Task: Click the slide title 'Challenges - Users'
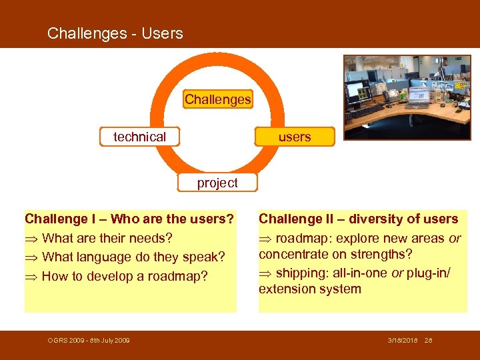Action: click(115, 33)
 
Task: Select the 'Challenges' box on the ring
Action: click(217, 100)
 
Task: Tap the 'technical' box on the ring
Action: click(139, 137)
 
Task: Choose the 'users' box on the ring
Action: click(294, 137)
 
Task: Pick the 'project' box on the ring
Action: click(217, 183)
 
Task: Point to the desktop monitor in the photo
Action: click(358, 91)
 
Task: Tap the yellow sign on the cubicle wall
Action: click(461, 85)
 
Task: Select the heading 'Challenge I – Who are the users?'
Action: click(129, 219)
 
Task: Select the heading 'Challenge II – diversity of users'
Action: click(358, 219)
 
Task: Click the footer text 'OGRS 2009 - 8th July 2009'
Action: click(89, 341)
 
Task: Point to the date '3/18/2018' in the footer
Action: click(403, 341)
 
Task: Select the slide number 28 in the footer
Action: click(429, 341)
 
